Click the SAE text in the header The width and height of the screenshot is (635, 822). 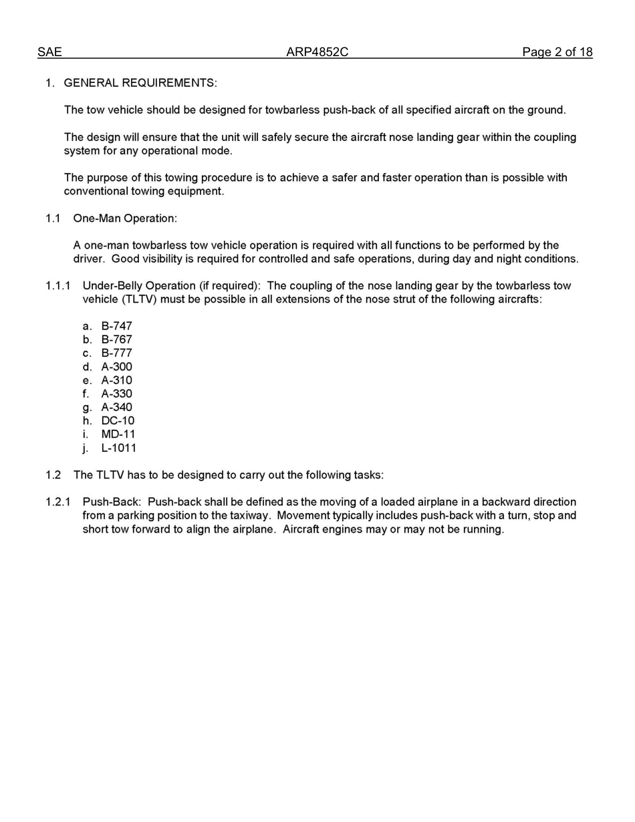(49, 52)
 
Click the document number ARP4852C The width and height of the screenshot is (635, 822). (317, 52)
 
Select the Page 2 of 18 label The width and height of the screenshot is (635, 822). (557, 52)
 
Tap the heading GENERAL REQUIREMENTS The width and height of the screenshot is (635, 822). (140, 83)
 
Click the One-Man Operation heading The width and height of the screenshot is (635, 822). (125, 219)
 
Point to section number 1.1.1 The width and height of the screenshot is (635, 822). (57, 286)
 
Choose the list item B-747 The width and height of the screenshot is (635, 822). (116, 326)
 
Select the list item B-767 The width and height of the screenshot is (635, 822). (116, 339)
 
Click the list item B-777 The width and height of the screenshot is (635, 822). (116, 353)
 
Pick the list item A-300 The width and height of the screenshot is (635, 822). (116, 367)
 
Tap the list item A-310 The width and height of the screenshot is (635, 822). (116, 380)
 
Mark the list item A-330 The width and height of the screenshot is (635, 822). (116, 394)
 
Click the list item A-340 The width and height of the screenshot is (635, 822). (116, 407)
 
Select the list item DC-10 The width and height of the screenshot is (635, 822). (118, 421)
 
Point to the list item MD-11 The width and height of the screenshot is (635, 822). (118, 434)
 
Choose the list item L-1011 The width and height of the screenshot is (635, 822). (118, 448)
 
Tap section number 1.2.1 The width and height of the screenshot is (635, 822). (57, 502)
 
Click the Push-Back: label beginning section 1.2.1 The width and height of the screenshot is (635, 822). (112, 502)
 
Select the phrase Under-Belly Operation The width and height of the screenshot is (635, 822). (139, 286)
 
